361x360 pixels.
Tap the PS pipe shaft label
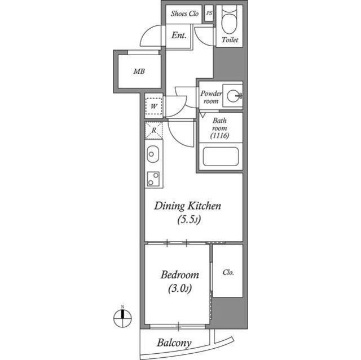point(209,14)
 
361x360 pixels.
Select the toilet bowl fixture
point(228,22)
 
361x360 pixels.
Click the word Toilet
point(230,41)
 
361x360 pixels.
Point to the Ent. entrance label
point(179,35)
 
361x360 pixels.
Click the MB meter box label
point(139,72)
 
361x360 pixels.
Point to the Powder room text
point(211,97)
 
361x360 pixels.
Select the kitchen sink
point(153,153)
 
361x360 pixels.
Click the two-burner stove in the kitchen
point(153,179)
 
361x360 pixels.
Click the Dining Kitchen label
point(188,206)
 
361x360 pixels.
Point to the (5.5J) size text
point(188,220)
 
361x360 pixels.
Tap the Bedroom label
point(179,275)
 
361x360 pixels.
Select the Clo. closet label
point(228,272)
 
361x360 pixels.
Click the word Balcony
point(174,343)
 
